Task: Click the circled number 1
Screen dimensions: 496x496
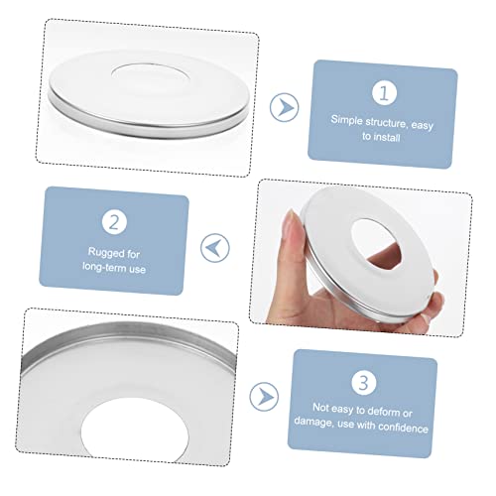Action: click(384, 93)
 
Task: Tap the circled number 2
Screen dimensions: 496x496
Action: click(114, 222)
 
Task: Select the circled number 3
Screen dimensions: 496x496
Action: click(364, 383)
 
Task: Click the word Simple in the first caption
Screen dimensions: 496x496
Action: click(346, 120)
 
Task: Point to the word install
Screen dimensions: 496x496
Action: click(387, 137)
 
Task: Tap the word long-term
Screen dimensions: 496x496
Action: click(104, 267)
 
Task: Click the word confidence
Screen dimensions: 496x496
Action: click(403, 428)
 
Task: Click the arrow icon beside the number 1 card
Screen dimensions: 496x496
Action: click(285, 107)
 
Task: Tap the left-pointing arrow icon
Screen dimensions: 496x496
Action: click(215, 248)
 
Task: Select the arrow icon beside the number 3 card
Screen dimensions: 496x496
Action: click(264, 397)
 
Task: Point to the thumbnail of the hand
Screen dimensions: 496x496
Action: click(292, 221)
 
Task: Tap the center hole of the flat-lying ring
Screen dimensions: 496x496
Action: click(151, 72)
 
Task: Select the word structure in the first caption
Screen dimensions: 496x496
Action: click(387, 123)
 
